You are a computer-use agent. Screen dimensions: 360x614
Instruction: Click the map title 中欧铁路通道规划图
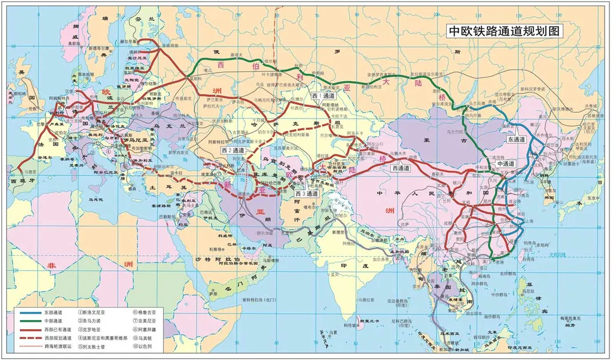[505, 31]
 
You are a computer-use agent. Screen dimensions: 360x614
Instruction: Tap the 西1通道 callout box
[322, 95]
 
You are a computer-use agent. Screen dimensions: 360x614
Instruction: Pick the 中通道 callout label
[507, 164]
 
